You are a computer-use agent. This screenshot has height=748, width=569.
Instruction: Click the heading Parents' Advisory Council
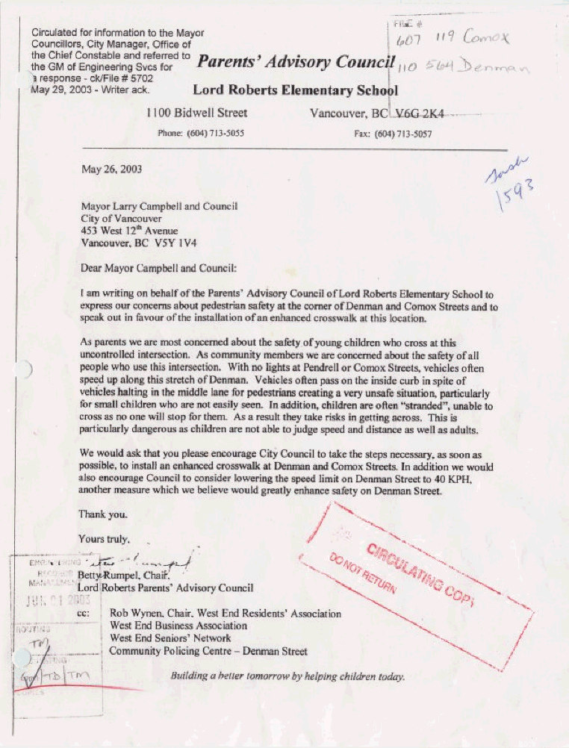coord(295,63)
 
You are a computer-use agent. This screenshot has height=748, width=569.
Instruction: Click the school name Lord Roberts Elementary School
coord(295,90)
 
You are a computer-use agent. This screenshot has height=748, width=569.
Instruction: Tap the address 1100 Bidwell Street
coord(197,113)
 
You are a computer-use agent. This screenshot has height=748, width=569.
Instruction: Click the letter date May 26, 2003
coord(111,169)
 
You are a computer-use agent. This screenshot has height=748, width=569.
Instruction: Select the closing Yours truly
coord(105,538)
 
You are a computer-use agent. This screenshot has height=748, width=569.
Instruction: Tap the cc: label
coord(84,614)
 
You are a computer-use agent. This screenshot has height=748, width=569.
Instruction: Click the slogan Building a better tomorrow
coord(287,677)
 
